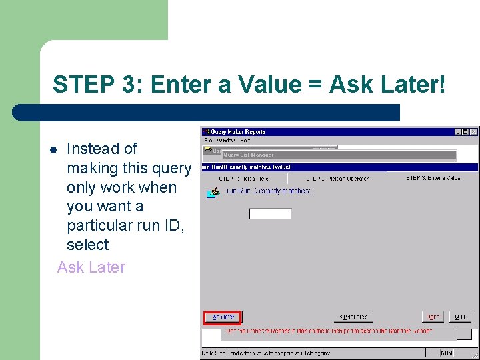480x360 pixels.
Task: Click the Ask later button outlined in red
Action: (223, 317)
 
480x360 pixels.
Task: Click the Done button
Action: (433, 317)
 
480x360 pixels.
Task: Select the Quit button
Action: (459, 317)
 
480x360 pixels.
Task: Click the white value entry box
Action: (270, 214)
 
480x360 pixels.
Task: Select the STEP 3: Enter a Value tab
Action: (433, 178)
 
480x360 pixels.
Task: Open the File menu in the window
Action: (208, 141)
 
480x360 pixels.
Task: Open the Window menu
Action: (225, 141)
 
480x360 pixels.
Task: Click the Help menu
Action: (245, 141)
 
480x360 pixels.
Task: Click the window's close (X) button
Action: (473, 132)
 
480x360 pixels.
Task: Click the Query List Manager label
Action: (248, 155)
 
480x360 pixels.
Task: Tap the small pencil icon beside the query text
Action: (213, 193)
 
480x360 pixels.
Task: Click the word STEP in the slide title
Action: (77, 85)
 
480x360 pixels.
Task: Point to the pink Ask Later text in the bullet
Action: (91, 267)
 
